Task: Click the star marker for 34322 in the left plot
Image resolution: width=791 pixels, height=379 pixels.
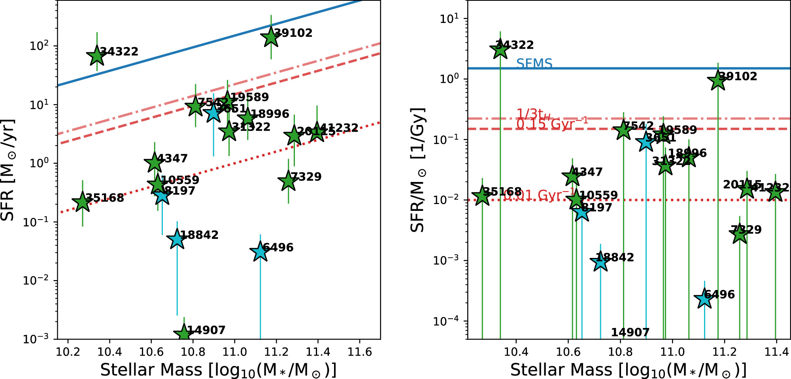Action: click(x=96, y=56)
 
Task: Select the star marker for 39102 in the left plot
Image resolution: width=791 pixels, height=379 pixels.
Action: click(x=271, y=38)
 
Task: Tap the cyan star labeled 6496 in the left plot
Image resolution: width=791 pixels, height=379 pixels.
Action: click(x=260, y=252)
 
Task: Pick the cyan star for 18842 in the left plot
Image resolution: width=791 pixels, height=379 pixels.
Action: click(x=177, y=239)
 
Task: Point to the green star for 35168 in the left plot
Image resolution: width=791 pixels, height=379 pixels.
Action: click(x=82, y=202)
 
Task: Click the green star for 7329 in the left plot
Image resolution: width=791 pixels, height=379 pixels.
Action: click(x=288, y=182)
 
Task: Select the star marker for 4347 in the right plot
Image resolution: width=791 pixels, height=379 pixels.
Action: click(x=572, y=176)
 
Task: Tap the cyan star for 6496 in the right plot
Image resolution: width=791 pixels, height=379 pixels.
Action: click(x=704, y=299)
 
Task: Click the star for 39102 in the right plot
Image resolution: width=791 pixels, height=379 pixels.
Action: click(x=718, y=81)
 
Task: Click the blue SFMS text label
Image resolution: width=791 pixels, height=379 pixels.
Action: click(x=534, y=63)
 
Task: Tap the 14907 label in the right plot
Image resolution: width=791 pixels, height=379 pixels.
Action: click(x=630, y=332)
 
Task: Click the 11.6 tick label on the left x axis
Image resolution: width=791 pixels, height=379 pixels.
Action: click(x=359, y=351)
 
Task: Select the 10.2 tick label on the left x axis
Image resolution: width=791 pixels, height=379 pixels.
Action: click(x=68, y=351)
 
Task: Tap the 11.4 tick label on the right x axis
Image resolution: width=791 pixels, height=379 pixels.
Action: click(x=776, y=351)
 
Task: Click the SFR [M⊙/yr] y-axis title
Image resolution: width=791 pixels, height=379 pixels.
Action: click(x=8, y=170)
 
